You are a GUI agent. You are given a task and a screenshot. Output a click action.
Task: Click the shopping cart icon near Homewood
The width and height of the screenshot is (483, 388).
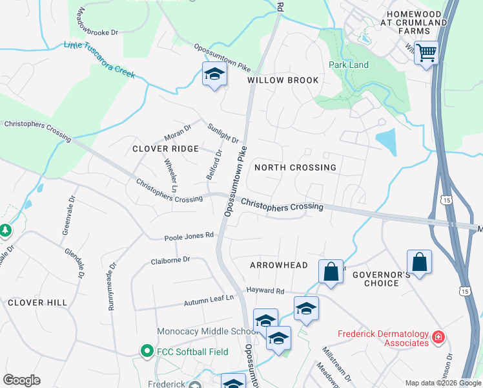(426, 52)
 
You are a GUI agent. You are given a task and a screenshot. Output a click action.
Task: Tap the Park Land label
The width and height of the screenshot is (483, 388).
(348, 65)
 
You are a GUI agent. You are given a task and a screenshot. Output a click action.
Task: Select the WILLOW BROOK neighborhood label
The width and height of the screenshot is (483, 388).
(283, 80)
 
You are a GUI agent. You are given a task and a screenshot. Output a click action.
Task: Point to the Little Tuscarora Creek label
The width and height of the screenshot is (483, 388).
(99, 59)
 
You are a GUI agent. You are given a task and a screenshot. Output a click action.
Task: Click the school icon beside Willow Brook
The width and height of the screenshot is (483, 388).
(214, 76)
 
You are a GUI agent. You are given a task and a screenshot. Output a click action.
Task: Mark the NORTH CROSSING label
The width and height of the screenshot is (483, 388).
(295, 167)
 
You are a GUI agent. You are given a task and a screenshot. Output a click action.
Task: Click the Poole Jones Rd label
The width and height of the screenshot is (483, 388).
(189, 236)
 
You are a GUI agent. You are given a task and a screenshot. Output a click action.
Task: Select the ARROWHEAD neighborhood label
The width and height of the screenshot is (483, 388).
(279, 265)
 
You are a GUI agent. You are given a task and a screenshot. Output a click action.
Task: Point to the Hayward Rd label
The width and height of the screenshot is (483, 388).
(265, 292)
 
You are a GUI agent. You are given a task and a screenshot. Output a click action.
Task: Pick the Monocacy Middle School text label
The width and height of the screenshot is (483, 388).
(209, 332)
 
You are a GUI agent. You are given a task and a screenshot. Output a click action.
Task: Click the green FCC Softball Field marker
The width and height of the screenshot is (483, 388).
(147, 352)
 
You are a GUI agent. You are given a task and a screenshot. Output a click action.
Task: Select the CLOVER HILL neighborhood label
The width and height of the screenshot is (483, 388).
(37, 302)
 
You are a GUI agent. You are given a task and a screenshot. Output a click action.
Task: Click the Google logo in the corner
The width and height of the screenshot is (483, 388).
(21, 380)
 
